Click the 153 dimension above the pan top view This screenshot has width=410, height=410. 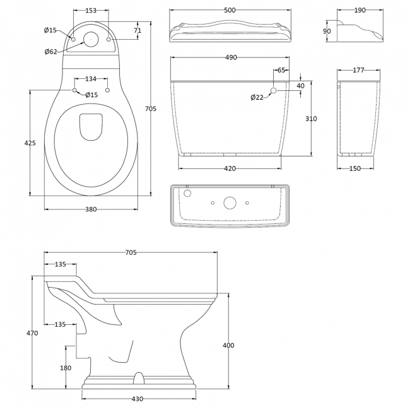(90, 10)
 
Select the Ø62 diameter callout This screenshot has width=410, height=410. (52, 51)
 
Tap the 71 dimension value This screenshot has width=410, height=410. (138, 30)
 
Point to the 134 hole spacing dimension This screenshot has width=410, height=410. (90, 79)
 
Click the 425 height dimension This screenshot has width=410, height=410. (30, 143)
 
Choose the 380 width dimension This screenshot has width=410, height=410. (91, 209)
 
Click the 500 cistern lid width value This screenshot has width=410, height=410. (231, 10)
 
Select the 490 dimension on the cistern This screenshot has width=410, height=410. (231, 57)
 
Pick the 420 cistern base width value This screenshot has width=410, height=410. (230, 168)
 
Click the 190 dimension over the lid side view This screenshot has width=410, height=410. (360, 10)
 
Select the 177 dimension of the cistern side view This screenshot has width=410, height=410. (358, 70)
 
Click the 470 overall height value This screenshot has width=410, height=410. (32, 332)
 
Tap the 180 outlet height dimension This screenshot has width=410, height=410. (65, 368)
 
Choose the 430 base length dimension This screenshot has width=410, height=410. (138, 399)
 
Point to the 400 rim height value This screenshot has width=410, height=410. (228, 345)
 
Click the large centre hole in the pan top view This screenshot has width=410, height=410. (92, 39)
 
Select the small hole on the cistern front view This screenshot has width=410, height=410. (273, 91)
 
